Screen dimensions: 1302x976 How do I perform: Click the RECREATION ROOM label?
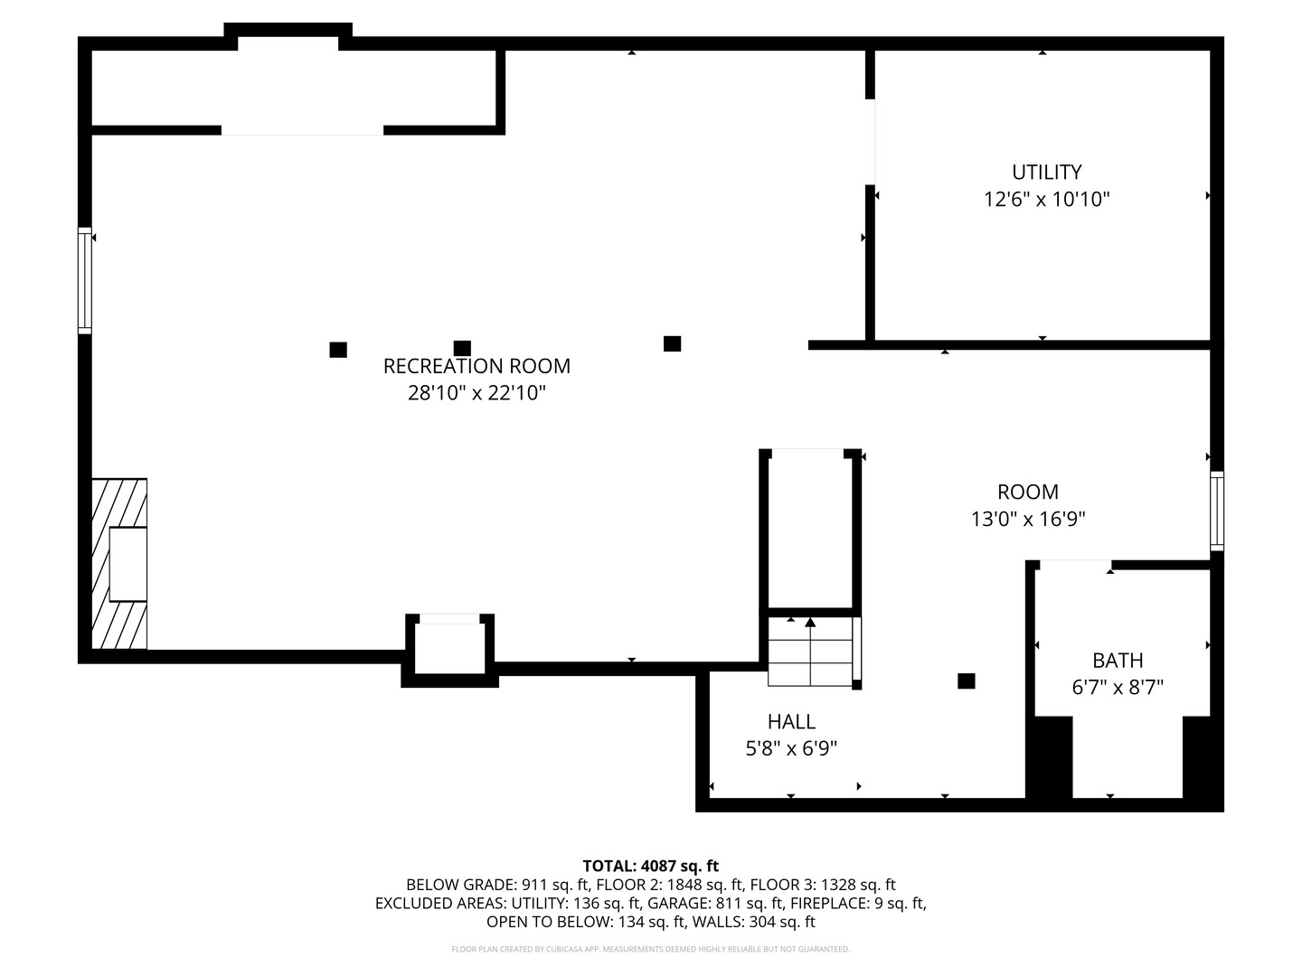(476, 366)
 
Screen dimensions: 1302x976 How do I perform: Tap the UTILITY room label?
(1046, 172)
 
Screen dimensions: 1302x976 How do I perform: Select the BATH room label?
(1118, 660)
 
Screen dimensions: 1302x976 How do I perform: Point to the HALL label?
(791, 721)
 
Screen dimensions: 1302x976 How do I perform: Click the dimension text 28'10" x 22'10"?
(476, 392)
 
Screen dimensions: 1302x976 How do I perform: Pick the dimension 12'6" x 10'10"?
(1046, 199)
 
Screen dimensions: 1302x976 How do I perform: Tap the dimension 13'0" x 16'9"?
(1028, 519)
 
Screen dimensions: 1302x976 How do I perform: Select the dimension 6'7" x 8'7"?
(1118, 688)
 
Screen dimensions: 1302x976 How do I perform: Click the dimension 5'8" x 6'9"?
(791, 748)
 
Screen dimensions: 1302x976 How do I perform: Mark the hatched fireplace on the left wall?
(119, 564)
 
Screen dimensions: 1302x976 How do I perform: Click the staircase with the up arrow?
(810, 652)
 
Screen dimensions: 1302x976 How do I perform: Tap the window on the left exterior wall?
(85, 280)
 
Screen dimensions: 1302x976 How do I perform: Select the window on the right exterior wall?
(1217, 511)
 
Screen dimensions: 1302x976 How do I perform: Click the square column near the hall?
(967, 680)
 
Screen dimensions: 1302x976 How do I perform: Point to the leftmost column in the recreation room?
(338, 350)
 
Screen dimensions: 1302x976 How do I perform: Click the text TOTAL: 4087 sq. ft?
(651, 866)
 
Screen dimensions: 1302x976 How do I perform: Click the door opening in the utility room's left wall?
(870, 142)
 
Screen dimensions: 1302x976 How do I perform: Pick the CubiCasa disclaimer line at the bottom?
(651, 949)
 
